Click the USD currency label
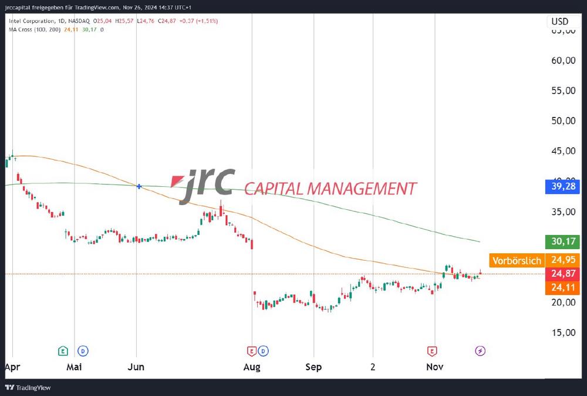(x=559, y=22)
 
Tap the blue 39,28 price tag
(x=561, y=187)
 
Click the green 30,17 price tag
(x=561, y=241)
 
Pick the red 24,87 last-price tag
(x=561, y=273)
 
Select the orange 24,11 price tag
(x=561, y=287)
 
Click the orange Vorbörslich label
(x=517, y=260)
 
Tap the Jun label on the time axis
(x=136, y=367)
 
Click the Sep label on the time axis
(x=314, y=367)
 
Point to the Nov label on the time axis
(x=434, y=367)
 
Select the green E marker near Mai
(x=63, y=351)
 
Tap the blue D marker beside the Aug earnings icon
(x=264, y=351)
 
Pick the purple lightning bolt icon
(x=480, y=351)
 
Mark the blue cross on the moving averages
(x=139, y=186)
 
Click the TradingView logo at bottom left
(x=28, y=388)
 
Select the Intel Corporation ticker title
(x=33, y=21)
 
